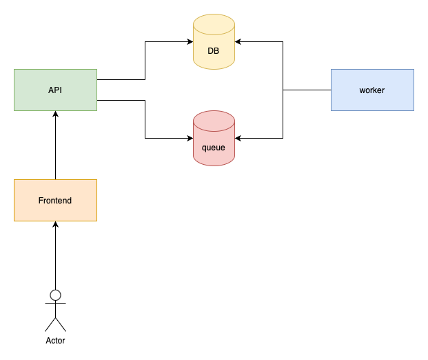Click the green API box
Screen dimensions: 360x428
55,90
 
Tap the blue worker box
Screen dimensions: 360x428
372,90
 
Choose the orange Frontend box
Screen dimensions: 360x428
55,200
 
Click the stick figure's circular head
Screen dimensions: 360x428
55,295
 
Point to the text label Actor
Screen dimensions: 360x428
55,341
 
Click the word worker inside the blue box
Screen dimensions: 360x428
372,90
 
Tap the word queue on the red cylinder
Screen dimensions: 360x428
214,148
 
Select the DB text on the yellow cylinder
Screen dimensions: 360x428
214,51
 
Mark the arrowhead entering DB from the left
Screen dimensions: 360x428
190,42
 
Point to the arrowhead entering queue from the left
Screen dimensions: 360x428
190,139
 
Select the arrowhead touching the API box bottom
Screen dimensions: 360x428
55,114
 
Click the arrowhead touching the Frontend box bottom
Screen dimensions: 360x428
55,225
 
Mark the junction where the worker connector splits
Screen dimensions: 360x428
283,90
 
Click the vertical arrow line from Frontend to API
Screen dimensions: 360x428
55,148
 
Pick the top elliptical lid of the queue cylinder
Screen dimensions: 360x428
214,117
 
